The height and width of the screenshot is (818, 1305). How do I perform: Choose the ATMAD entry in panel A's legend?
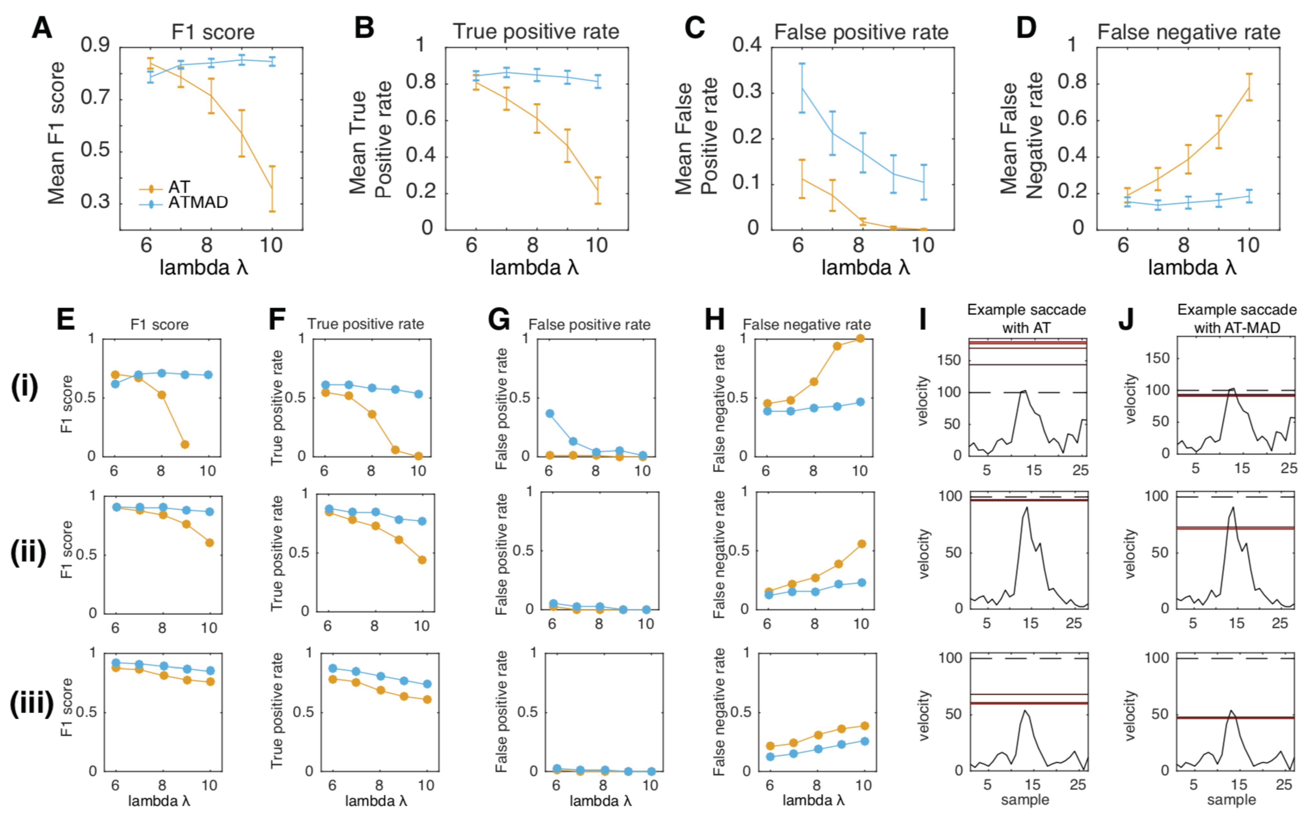[198, 203]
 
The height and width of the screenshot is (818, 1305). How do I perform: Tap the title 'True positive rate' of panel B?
[535, 31]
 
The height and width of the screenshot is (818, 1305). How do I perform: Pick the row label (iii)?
[31, 703]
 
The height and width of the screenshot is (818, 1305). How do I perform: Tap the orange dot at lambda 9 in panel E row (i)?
[185, 444]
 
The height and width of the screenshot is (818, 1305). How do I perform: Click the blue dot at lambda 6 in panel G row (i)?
[549, 413]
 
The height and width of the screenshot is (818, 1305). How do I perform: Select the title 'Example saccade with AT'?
[1026, 318]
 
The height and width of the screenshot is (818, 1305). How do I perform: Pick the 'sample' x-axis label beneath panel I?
[1025, 800]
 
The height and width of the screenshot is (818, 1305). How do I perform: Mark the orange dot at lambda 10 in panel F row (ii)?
[422, 560]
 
